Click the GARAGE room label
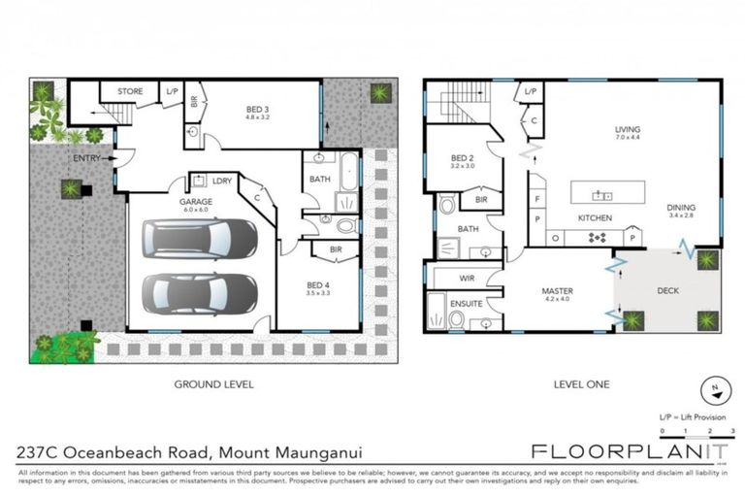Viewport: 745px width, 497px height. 195,202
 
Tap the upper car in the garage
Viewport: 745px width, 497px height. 199,238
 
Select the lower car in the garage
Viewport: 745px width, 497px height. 199,293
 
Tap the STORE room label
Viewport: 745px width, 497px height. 130,92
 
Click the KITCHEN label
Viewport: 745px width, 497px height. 594,218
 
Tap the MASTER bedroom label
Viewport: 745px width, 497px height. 557,290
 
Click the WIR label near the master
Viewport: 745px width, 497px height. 465,279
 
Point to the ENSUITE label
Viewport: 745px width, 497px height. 466,303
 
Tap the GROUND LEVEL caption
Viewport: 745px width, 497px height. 213,384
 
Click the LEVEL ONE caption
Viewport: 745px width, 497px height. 581,384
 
